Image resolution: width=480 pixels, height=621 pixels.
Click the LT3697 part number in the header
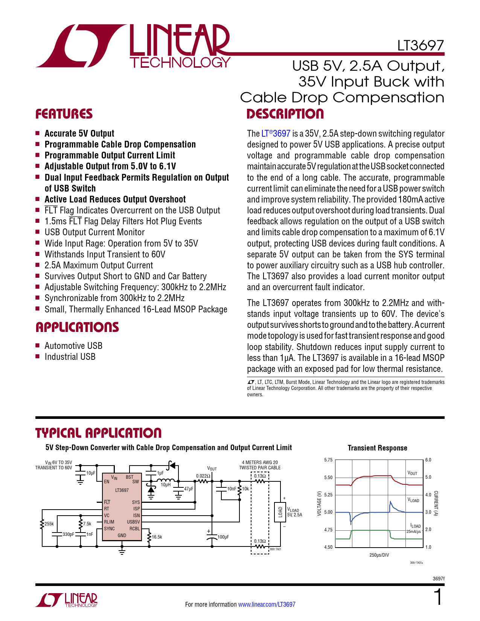coord(421,46)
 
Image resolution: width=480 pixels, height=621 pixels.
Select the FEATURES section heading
coord(64,114)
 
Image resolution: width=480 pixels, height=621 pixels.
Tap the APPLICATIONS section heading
coord(77,327)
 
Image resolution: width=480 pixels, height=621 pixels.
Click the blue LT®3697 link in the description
coord(276,134)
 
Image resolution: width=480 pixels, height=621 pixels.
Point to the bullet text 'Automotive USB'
coord(73,346)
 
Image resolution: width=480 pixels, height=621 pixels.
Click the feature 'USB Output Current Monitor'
coord(94,232)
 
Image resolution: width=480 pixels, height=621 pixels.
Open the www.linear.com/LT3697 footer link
coord(267,604)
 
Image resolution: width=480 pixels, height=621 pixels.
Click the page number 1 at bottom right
coord(438,597)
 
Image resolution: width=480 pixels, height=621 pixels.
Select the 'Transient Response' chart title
coord(377,448)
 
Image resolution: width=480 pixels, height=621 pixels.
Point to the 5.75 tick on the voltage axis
coord(328,460)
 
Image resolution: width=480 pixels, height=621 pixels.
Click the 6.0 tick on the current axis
coord(428,460)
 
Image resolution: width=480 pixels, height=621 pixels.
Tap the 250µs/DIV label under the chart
coord(379,555)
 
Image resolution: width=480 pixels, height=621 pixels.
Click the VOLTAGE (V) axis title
coord(319,504)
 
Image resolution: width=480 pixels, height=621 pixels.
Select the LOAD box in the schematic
coord(280,512)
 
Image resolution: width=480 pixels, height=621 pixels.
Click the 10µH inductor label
coord(166,485)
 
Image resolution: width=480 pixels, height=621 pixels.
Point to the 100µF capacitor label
coord(223,537)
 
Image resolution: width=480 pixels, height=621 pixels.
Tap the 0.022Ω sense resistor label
coord(203,476)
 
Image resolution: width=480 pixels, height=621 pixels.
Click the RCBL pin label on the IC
coord(134,528)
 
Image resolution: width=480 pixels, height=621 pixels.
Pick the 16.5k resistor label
coord(157,537)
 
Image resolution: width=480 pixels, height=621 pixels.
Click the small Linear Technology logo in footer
coord(67,600)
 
